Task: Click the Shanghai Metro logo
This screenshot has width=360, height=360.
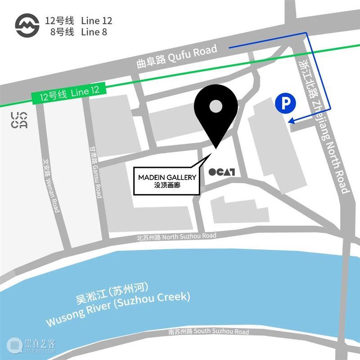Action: coord(27,26)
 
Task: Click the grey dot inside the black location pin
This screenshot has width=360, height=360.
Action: coord(216,107)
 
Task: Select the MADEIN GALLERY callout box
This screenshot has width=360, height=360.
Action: coord(167,180)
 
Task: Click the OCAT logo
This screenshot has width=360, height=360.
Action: coord(222,171)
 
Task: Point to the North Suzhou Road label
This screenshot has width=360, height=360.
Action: coord(176,237)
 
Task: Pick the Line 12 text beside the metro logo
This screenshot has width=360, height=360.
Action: coord(96,21)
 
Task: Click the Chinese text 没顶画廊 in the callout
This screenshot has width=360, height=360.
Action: coord(167,184)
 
